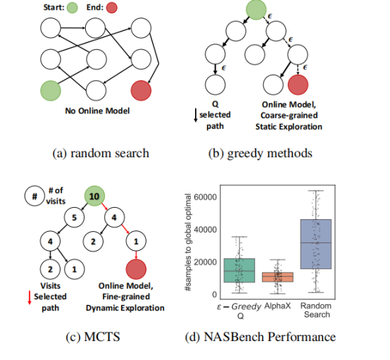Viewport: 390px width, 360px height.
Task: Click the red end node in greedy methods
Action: [x=298, y=85]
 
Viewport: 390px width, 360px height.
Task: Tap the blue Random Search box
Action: [x=315, y=243]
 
